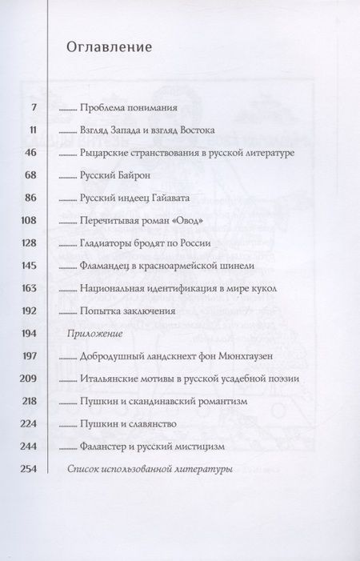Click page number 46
pos(35,152)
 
